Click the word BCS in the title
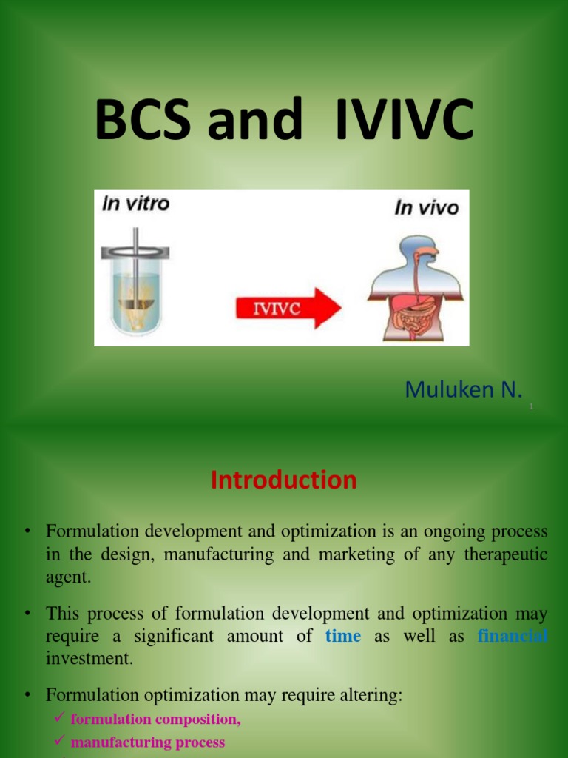(x=145, y=120)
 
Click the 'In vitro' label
(x=135, y=204)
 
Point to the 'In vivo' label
(x=426, y=207)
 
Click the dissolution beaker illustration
(x=133, y=296)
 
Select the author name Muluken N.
(x=463, y=389)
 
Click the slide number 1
(x=531, y=406)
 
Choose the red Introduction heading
(x=283, y=480)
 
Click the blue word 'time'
(x=343, y=637)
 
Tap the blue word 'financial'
(x=513, y=637)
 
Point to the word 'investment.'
(x=89, y=658)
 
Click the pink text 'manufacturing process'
(x=148, y=742)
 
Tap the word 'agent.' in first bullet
(x=68, y=578)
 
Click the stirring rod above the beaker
(x=136, y=244)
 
